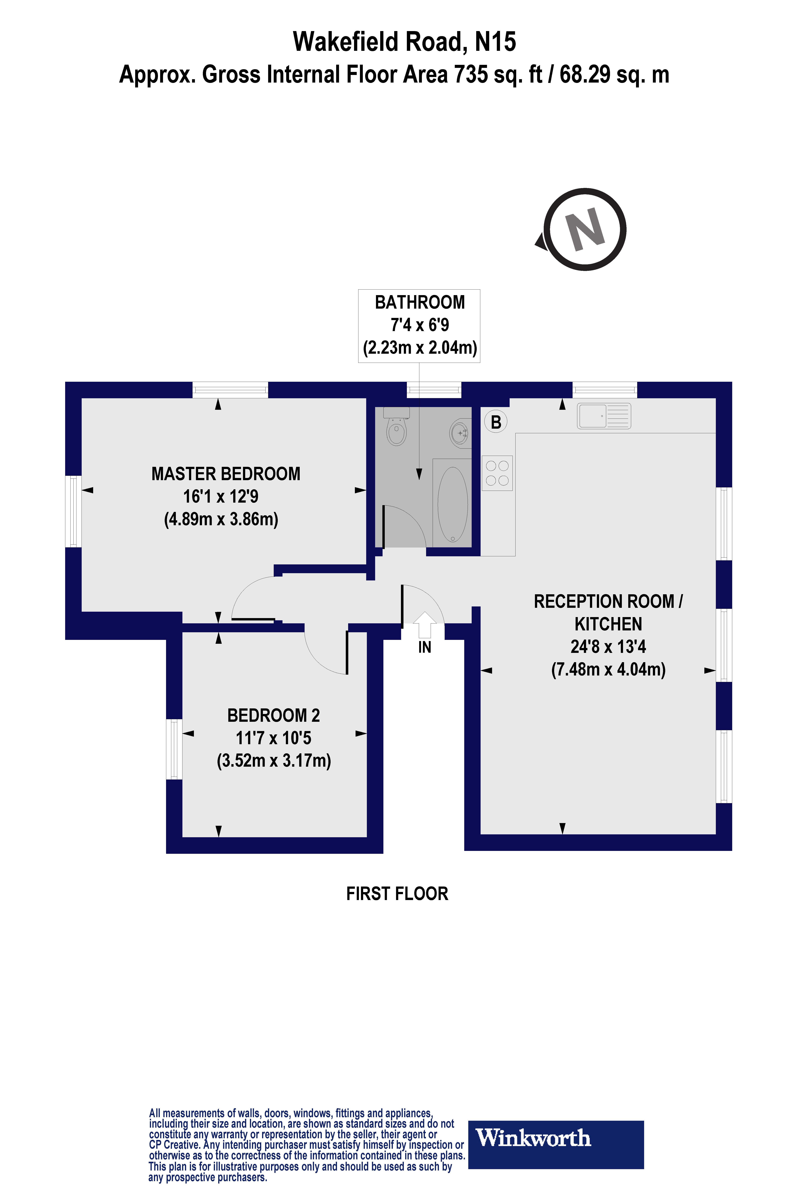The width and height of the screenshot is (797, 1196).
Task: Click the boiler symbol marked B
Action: pyautogui.click(x=496, y=422)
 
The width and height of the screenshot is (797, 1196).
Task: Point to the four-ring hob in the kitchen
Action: pyautogui.click(x=497, y=473)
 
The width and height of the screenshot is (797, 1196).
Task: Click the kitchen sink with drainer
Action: pyautogui.click(x=604, y=416)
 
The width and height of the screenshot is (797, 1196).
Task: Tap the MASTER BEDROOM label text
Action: pyautogui.click(x=226, y=474)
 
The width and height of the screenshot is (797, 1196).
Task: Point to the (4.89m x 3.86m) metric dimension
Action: pyautogui.click(x=221, y=519)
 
